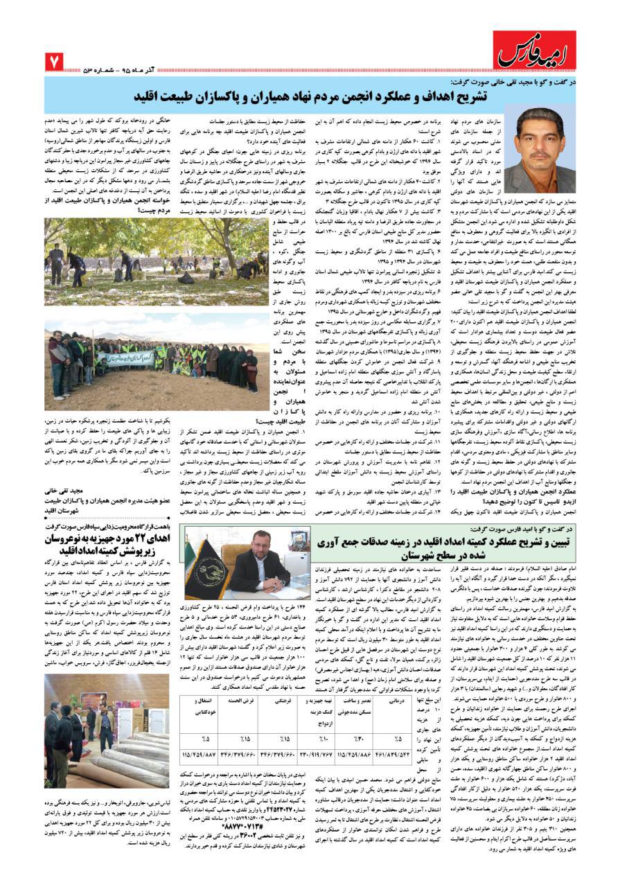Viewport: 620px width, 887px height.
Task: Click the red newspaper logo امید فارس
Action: (x=533, y=50)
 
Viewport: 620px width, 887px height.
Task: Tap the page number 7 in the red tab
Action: (x=53, y=63)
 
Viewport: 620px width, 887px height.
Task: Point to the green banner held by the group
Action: (x=132, y=357)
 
